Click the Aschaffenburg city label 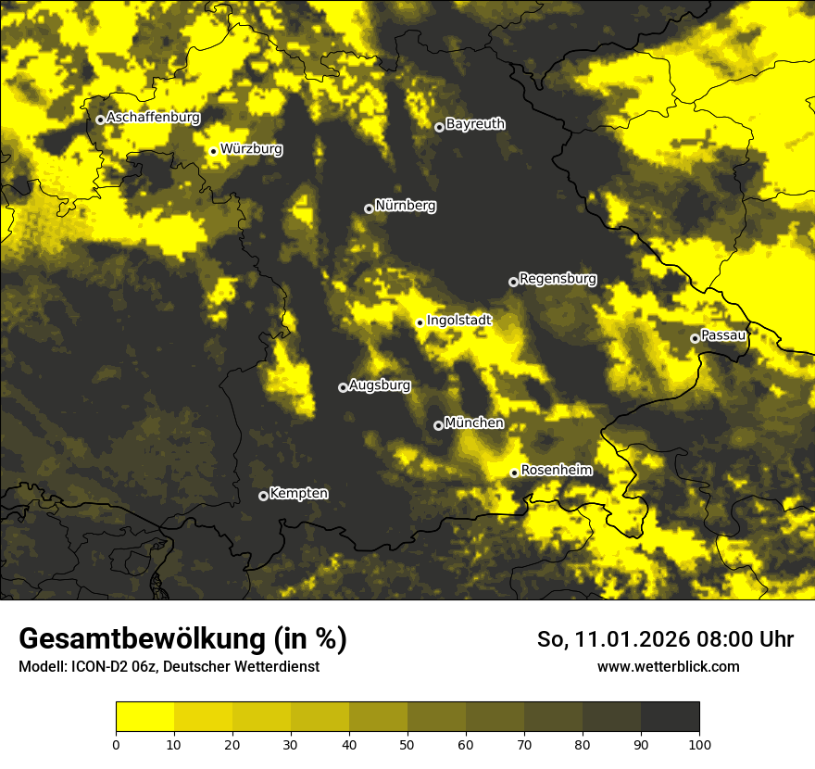pyautogui.click(x=153, y=118)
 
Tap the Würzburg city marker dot pyautogui.click(x=213, y=151)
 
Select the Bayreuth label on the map pyautogui.click(x=475, y=123)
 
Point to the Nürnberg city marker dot pyautogui.click(x=369, y=208)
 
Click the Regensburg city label pyautogui.click(x=558, y=278)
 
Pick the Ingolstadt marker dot pyautogui.click(x=420, y=322)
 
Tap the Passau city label pyautogui.click(x=723, y=334)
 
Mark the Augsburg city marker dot pyautogui.click(x=343, y=387)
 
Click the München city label pyautogui.click(x=474, y=422)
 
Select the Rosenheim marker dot pyautogui.click(x=514, y=473)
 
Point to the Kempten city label pyautogui.click(x=298, y=493)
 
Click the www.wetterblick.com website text pyautogui.click(x=668, y=666)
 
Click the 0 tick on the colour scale pyautogui.click(x=116, y=743)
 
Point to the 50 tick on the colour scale pyautogui.click(x=407, y=743)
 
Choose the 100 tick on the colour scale pyautogui.click(x=699, y=743)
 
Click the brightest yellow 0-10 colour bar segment pyautogui.click(x=144, y=717)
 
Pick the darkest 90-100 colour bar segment pyautogui.click(x=670, y=717)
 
